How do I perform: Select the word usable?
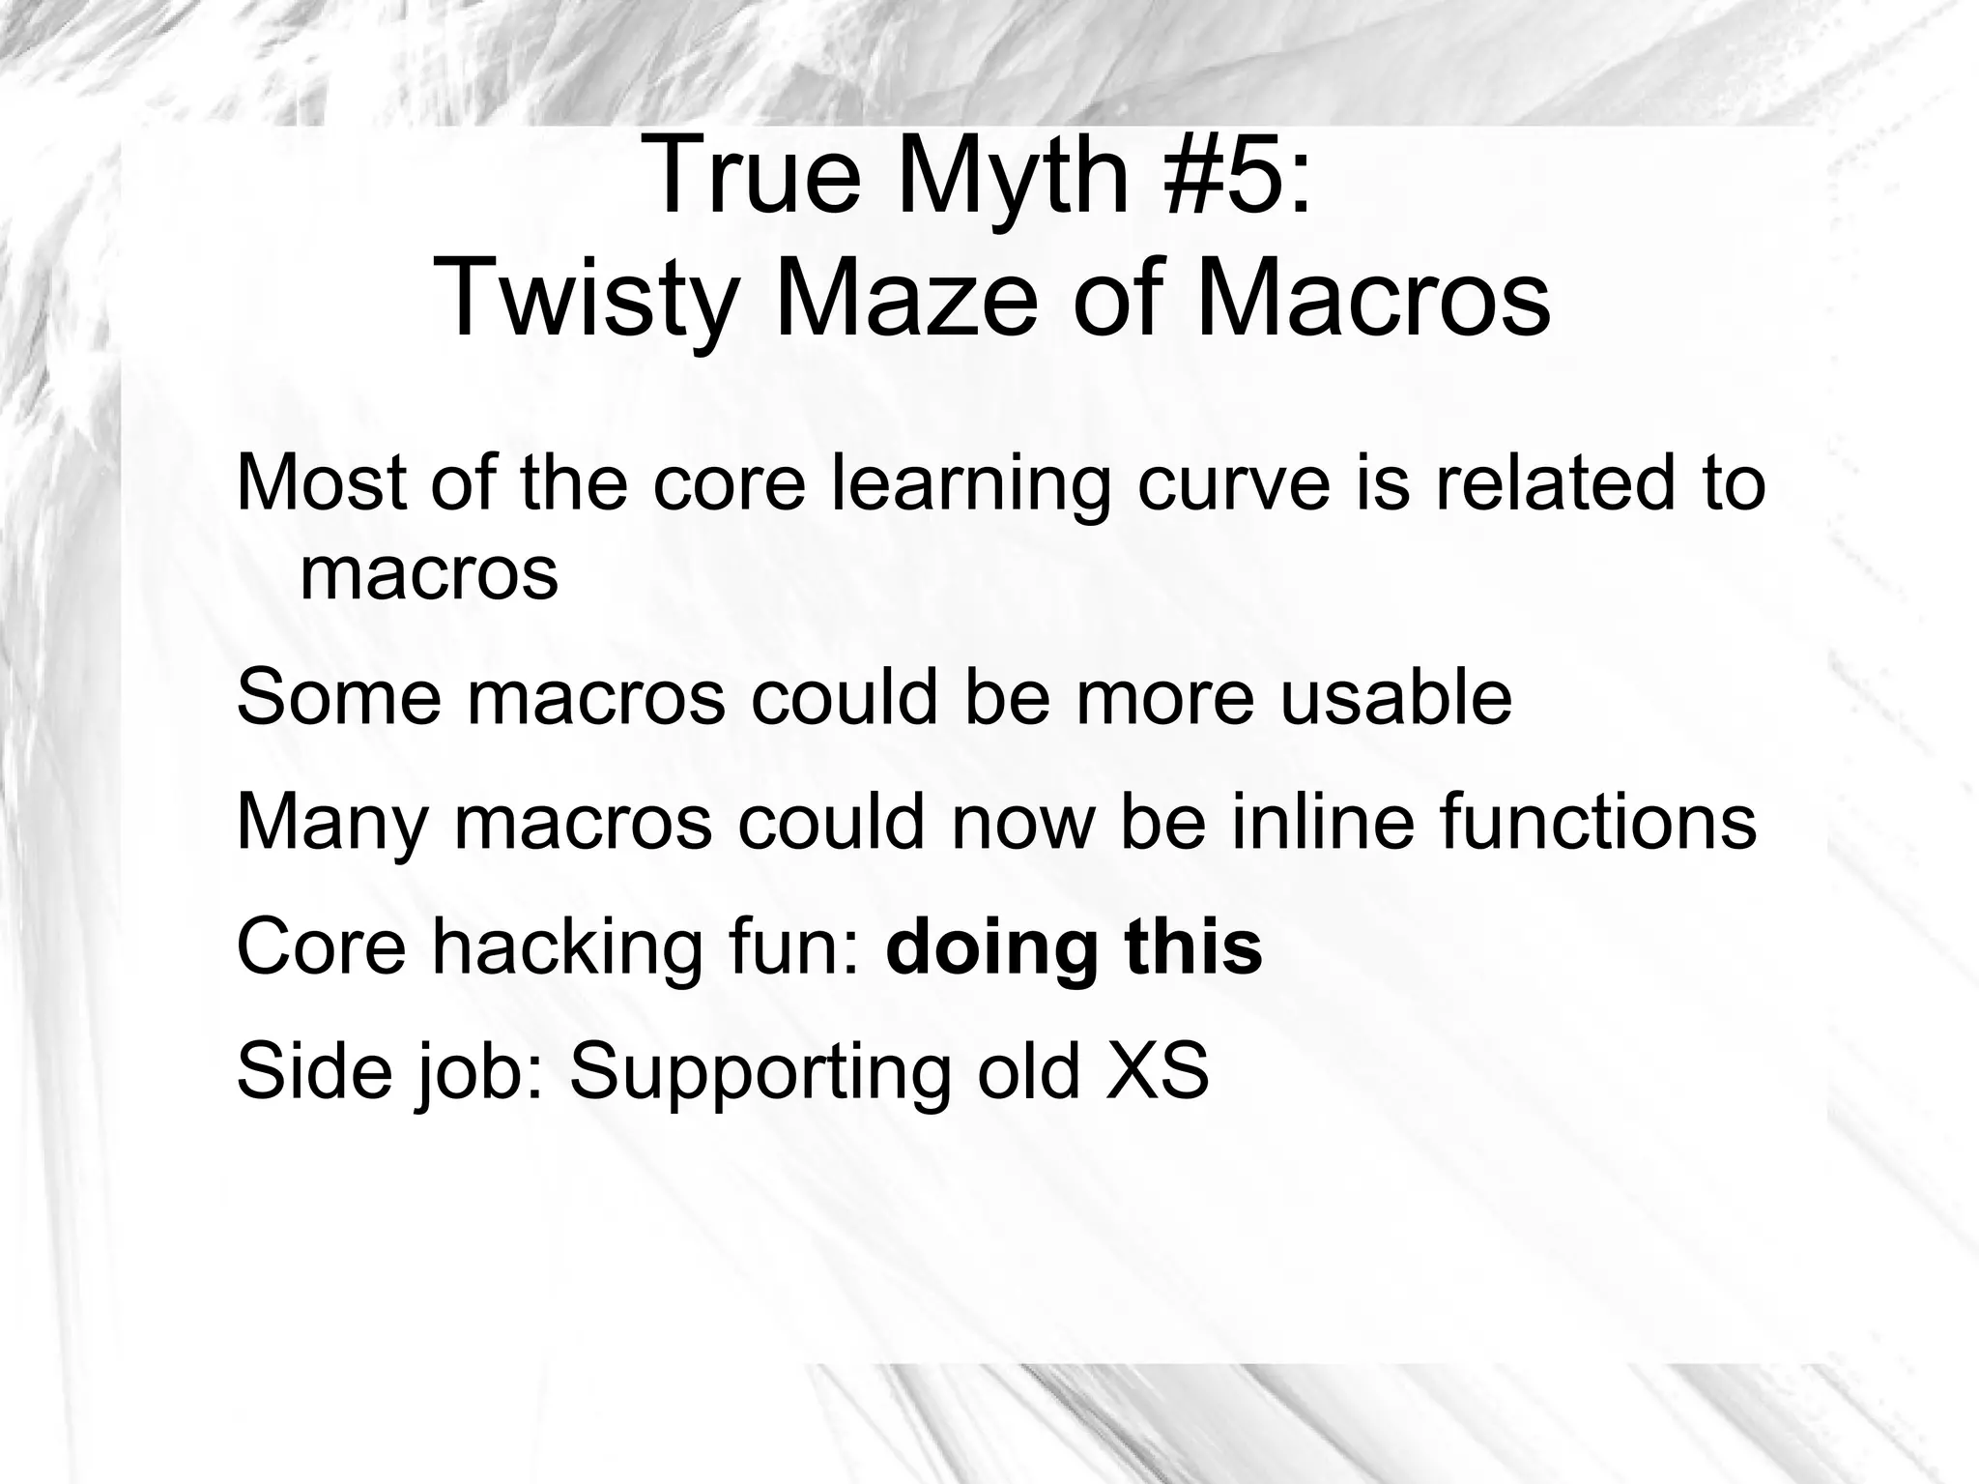tap(1396, 698)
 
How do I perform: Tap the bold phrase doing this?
tap(1074, 947)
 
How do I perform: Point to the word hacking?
tap(566, 947)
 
